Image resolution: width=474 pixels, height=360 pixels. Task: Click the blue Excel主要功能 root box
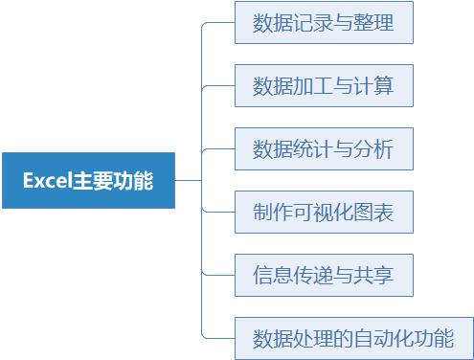pyautogui.click(x=88, y=180)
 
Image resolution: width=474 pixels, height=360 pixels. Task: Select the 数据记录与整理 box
pyautogui.click(x=324, y=23)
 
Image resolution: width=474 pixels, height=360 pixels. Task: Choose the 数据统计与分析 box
pyautogui.click(x=324, y=149)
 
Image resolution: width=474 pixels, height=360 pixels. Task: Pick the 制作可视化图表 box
pyautogui.click(x=324, y=213)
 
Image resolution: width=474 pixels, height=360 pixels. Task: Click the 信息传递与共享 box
pyautogui.click(x=324, y=276)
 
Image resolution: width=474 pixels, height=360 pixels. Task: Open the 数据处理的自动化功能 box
pyautogui.click(x=353, y=339)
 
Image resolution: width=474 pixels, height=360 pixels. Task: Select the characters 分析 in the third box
pyautogui.click(x=374, y=149)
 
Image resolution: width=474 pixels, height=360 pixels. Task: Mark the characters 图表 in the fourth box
pyautogui.click(x=374, y=213)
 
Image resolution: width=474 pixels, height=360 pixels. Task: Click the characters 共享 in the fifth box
pyautogui.click(x=374, y=276)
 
